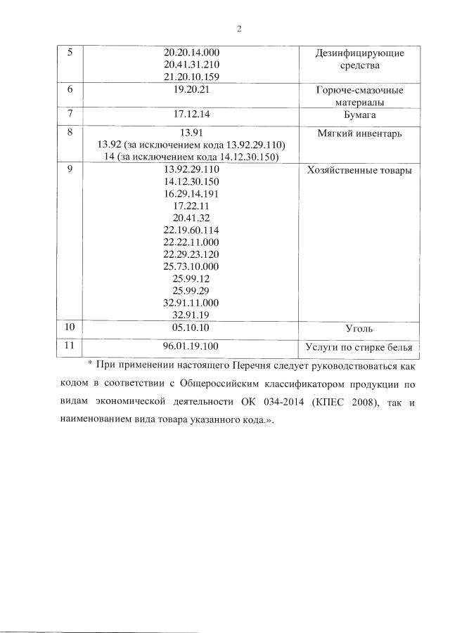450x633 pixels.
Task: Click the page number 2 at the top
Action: (238, 29)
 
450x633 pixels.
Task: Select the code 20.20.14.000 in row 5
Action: (191, 53)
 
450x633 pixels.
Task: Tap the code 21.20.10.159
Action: (191, 76)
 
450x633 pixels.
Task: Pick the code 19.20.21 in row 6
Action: (191, 91)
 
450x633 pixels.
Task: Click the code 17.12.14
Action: (191, 114)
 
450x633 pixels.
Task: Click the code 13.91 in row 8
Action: (191, 131)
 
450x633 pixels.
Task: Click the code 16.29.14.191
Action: (191, 193)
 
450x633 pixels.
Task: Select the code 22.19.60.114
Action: (191, 230)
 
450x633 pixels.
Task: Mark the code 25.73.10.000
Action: (191, 266)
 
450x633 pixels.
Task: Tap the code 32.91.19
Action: (191, 315)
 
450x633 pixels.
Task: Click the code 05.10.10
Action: (191, 328)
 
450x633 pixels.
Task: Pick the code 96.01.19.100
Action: (191, 346)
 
